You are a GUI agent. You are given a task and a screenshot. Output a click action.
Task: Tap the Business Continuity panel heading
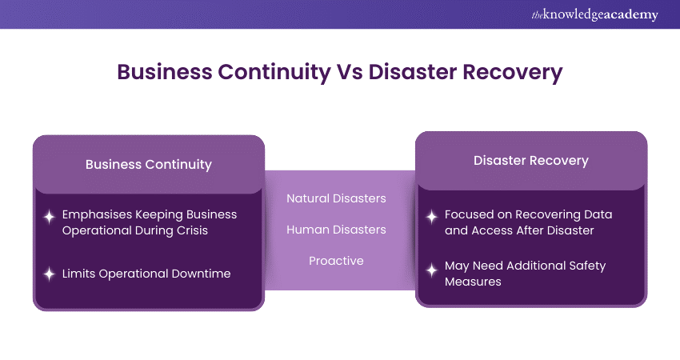(x=149, y=165)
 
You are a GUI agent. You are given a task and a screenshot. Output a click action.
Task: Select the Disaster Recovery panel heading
(x=531, y=161)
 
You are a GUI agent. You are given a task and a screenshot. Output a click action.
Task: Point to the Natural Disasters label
(x=336, y=198)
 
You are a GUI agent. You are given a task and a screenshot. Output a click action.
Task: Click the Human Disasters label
(x=336, y=230)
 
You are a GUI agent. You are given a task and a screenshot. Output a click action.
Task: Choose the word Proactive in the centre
(x=336, y=261)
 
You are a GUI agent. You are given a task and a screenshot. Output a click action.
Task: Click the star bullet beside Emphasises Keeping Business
(x=49, y=216)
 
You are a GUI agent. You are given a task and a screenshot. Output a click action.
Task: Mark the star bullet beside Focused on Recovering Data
(x=432, y=216)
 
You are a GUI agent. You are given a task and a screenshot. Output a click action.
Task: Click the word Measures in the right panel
(x=475, y=281)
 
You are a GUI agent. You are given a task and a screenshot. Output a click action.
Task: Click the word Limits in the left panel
(x=79, y=274)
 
